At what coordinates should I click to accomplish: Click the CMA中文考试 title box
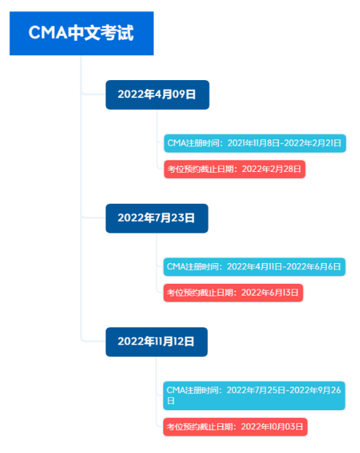click(x=82, y=33)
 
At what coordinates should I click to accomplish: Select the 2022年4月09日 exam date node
click(x=158, y=95)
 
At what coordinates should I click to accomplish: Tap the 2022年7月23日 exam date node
click(x=157, y=218)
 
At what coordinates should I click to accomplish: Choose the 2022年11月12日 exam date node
click(x=156, y=342)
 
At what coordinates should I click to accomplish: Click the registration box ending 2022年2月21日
click(x=255, y=144)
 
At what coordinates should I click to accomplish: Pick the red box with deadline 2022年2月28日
click(x=234, y=169)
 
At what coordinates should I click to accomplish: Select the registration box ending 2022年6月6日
click(x=254, y=267)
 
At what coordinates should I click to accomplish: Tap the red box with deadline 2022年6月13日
click(x=233, y=293)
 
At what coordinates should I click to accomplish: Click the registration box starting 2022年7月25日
click(x=254, y=396)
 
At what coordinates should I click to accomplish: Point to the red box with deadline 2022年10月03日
click(x=235, y=427)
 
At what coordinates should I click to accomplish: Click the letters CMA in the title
click(x=48, y=32)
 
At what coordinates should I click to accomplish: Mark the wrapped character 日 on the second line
click(x=171, y=401)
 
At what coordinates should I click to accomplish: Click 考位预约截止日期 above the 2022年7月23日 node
click(x=200, y=169)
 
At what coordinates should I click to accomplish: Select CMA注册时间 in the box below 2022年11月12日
click(x=191, y=390)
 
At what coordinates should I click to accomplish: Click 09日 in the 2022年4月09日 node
click(x=184, y=95)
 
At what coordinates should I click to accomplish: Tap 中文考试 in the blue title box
click(x=101, y=32)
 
